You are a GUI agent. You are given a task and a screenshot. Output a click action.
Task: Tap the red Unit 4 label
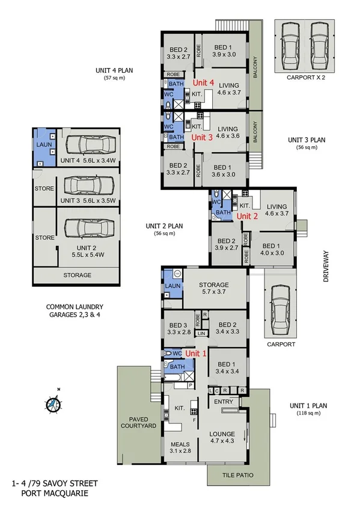(x=203, y=82)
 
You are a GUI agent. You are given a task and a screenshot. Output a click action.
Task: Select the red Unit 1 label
(x=196, y=354)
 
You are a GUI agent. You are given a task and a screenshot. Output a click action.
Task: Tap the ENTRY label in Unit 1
(x=223, y=402)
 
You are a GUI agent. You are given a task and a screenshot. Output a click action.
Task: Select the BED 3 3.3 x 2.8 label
(x=178, y=328)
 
